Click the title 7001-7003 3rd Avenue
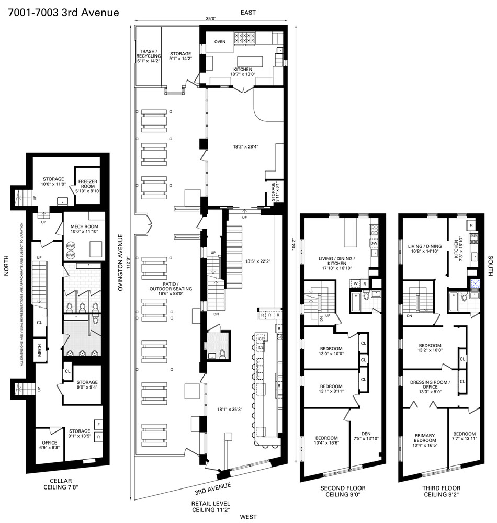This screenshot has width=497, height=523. click(x=63, y=12)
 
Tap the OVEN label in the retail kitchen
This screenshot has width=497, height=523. click(x=220, y=42)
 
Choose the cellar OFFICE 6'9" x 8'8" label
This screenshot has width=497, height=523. click(x=49, y=445)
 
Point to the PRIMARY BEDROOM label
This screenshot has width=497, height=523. click(x=425, y=438)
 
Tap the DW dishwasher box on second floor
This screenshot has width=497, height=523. click(x=374, y=243)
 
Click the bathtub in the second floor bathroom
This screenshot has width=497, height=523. click(x=355, y=301)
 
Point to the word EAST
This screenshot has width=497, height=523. click(x=248, y=12)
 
